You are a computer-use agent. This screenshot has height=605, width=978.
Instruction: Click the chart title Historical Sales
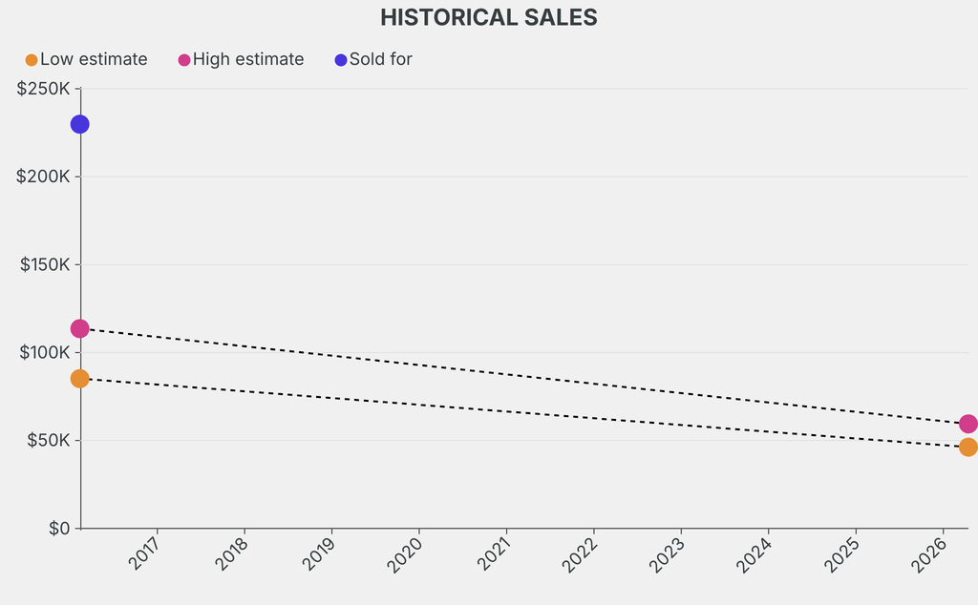point(488,17)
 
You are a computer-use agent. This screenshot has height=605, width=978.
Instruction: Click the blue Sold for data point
point(79,124)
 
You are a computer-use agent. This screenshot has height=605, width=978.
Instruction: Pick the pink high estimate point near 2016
point(79,328)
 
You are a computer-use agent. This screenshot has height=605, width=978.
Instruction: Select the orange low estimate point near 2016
point(79,378)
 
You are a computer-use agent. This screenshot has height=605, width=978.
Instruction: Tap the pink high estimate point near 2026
point(967,424)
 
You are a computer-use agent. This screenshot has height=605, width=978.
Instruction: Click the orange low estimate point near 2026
point(967,447)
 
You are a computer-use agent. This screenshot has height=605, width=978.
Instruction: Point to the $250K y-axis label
point(44,89)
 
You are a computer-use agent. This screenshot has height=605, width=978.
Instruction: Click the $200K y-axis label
point(44,177)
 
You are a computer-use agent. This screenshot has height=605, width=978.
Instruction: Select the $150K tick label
point(45,264)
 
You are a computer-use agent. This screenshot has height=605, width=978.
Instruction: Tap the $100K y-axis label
point(45,352)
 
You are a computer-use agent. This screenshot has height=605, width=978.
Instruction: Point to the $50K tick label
point(48,440)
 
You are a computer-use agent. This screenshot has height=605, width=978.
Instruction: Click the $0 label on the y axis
point(59,528)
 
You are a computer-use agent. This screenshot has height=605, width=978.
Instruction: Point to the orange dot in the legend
point(32,60)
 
